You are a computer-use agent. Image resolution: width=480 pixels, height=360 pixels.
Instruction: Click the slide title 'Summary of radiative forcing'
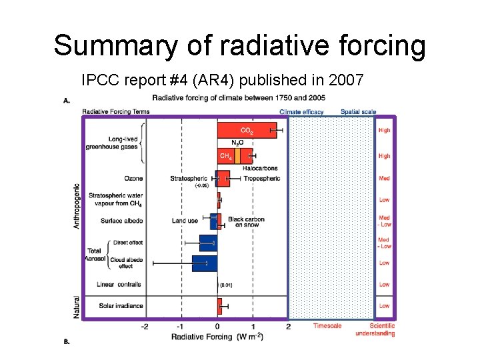[239, 46]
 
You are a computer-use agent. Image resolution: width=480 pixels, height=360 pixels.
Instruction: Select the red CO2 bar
[246, 131]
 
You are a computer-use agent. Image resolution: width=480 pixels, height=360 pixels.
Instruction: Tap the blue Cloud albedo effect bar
[204, 263]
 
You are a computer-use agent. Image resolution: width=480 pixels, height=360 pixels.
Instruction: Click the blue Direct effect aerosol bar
[208, 243]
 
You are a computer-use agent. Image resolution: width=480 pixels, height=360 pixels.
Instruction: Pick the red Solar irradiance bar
[219, 306]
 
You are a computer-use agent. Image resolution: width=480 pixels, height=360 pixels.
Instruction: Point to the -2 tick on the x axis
[145, 327]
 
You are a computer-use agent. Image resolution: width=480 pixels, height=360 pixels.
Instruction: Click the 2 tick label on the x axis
[288, 327]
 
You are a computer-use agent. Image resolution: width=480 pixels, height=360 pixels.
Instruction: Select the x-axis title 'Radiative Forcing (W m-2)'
[217, 337]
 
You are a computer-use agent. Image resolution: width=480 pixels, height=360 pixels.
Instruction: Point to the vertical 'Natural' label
[75, 307]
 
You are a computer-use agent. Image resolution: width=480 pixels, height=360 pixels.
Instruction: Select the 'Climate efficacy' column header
[301, 111]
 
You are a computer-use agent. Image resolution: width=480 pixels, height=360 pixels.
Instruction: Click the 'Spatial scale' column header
[358, 111]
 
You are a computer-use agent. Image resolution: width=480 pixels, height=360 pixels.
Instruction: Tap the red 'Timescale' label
[327, 326]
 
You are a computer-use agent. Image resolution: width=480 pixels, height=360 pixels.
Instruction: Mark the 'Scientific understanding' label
[375, 329]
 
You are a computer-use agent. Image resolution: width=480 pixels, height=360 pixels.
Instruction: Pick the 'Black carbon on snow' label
[246, 222]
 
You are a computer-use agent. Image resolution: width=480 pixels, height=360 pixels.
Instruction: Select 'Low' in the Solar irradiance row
[384, 306]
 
